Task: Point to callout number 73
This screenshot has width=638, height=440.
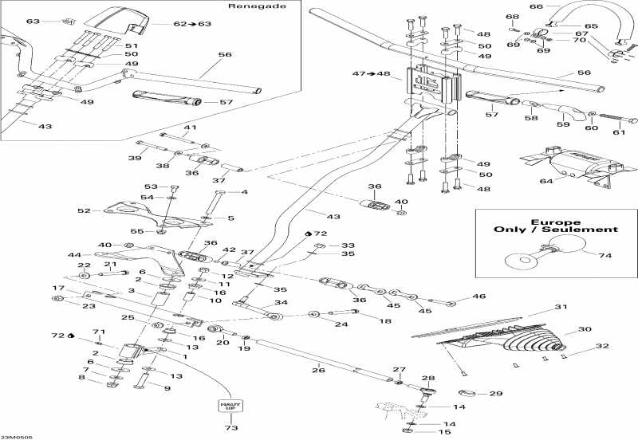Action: point(231,427)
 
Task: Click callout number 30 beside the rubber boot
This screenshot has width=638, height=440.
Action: point(585,328)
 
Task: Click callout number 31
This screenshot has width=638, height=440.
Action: point(561,308)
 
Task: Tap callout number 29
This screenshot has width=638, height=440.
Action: point(495,394)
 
